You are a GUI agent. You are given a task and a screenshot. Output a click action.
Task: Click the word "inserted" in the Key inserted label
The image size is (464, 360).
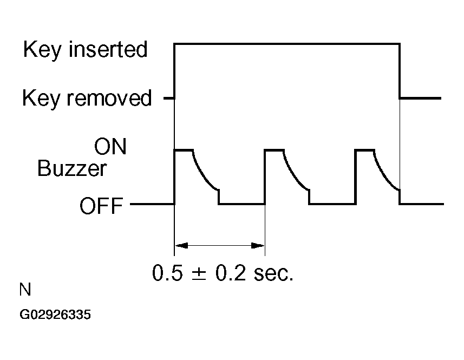[112, 50]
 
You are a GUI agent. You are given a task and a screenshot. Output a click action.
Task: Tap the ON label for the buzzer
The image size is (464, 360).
[110, 147]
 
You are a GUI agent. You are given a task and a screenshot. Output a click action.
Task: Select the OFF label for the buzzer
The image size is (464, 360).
[101, 206]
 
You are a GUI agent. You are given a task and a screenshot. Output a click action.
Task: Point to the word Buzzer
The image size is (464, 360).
[71, 169]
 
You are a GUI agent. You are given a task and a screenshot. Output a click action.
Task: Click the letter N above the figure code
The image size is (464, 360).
[25, 291]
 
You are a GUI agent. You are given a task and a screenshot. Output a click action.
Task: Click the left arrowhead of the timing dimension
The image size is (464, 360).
[181, 246]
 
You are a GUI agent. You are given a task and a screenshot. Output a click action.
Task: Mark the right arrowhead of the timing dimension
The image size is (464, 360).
[258, 246]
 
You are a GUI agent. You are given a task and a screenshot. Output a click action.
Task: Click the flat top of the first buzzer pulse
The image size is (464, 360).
[184, 150]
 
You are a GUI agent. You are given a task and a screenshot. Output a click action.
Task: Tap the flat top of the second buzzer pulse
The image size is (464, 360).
[274, 150]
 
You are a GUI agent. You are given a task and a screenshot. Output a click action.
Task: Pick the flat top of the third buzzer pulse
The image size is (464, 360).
[364, 150]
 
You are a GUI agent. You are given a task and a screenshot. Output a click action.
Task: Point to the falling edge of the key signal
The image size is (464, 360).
[400, 70]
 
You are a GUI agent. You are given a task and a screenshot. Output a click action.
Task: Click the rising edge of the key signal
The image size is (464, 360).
[174, 70]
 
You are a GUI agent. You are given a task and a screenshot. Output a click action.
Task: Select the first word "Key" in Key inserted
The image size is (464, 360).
[40, 50]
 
